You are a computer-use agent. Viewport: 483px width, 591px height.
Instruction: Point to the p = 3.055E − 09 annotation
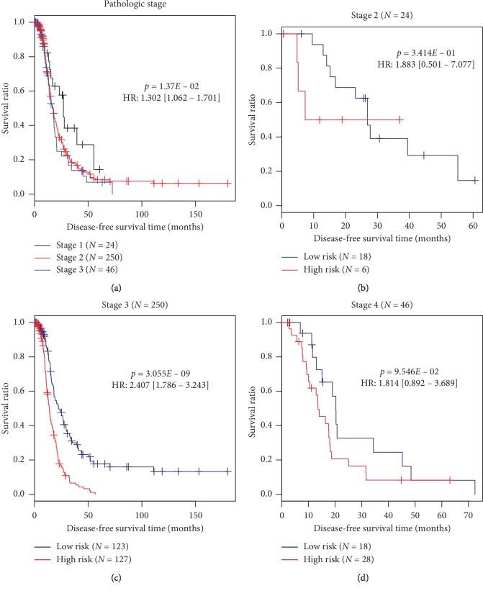178,378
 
